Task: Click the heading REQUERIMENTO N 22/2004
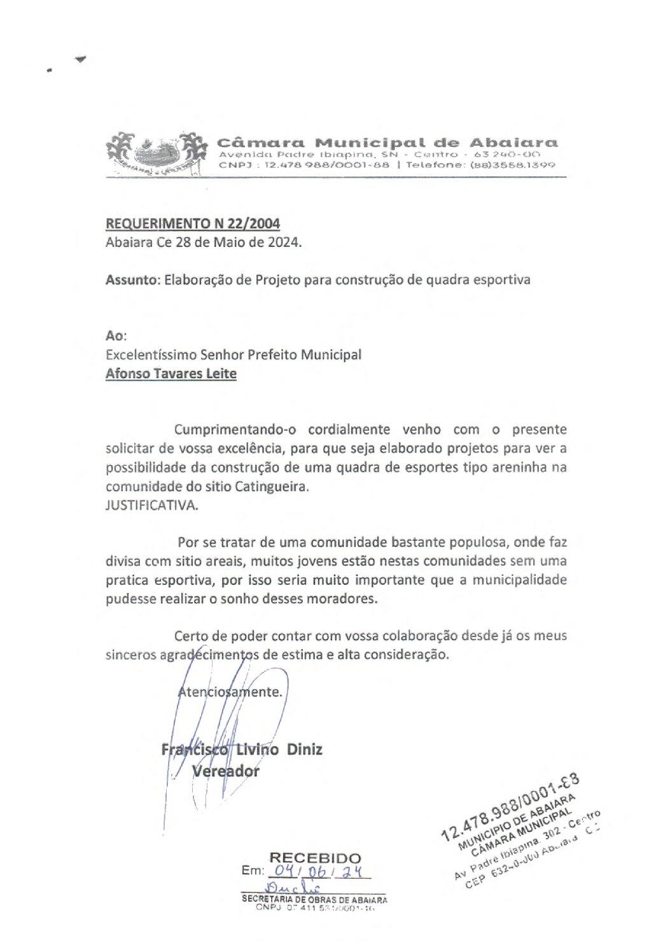(193, 224)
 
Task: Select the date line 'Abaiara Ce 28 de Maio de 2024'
(204, 242)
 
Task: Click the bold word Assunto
(132, 279)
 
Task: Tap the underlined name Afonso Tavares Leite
(171, 374)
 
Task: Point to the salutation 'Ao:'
(116, 335)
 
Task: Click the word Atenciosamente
(230, 692)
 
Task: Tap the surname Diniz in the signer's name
(304, 749)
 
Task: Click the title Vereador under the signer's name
(226, 771)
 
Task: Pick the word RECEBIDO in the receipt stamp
(315, 858)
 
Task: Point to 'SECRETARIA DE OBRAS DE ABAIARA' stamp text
(314, 900)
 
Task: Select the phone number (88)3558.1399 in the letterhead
(525, 165)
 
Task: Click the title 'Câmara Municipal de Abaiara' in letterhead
(387, 142)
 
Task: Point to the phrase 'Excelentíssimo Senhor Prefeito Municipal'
(234, 355)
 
